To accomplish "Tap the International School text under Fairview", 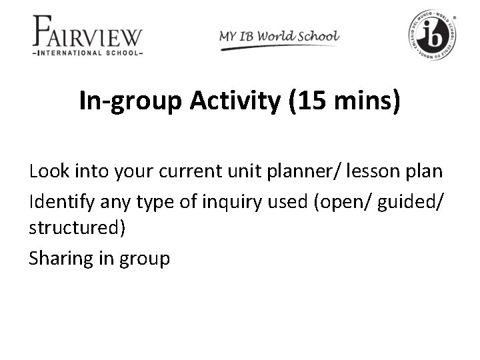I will tap(87, 53).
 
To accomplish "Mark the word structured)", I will tap(77, 228).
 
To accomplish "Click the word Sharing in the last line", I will tap(61, 257).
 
